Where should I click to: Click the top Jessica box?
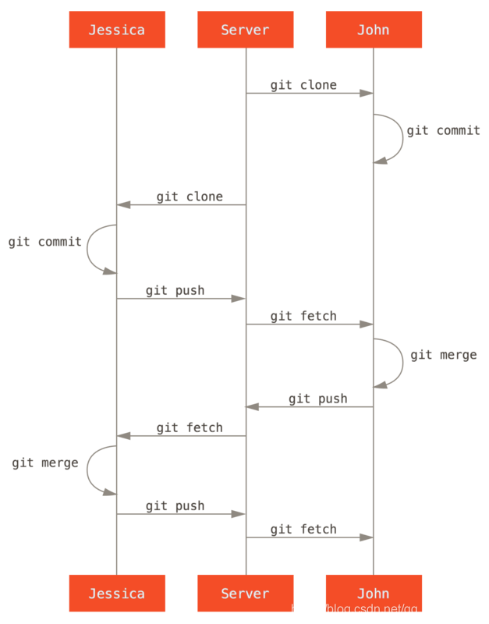tap(117, 30)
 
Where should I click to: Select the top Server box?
tap(245, 30)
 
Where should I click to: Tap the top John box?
tap(374, 30)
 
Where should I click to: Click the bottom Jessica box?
tap(117, 594)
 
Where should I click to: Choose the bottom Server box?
tap(245, 594)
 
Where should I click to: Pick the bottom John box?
tap(374, 594)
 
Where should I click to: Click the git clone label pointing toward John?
tap(303, 84)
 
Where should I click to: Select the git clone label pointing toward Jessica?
tap(190, 196)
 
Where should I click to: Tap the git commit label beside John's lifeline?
tap(443, 130)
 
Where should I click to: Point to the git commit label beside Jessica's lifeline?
tap(45, 242)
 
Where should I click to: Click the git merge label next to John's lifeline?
tap(443, 355)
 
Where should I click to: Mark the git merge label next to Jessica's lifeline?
tap(45, 463)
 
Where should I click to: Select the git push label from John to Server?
tap(317, 399)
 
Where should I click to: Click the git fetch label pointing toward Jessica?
tap(190, 427)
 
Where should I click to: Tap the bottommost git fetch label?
tap(303, 529)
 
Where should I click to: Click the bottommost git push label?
tap(175, 506)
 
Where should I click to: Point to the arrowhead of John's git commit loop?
tap(379, 161)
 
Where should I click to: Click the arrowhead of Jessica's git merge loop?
tap(112, 492)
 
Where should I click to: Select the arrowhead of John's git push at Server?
tap(251, 406)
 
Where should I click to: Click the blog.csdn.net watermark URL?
tap(385, 608)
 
